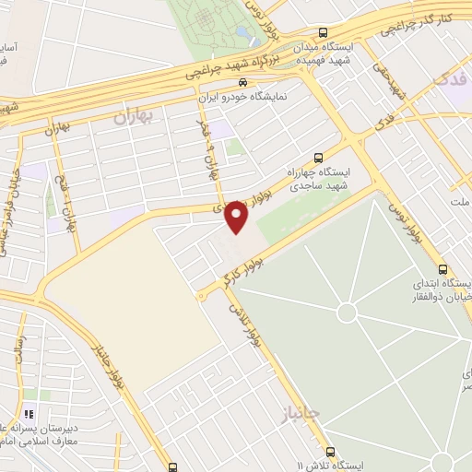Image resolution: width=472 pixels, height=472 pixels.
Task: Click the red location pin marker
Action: (236, 216)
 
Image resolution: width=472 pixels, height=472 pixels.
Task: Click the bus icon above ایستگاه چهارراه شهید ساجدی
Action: (319, 157)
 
